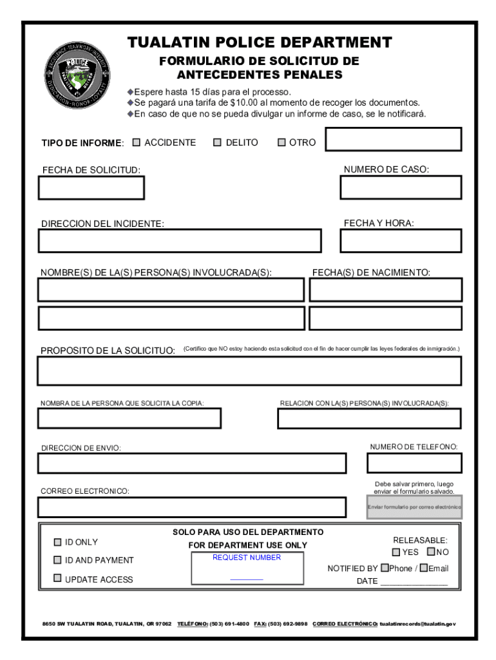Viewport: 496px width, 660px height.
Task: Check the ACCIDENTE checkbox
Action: [136, 142]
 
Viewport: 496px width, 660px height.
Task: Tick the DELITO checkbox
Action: [217, 142]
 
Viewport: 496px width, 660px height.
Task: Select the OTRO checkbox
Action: [281, 142]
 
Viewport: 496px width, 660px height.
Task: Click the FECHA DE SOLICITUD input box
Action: [91, 188]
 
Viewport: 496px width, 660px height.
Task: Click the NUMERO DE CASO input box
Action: [401, 188]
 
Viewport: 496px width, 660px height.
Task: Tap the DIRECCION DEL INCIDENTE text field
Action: [180, 240]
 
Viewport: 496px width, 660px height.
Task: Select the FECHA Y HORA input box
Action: [401, 240]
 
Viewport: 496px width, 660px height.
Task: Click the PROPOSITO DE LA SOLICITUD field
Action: [249, 371]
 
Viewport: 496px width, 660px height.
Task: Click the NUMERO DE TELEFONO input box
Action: [414, 463]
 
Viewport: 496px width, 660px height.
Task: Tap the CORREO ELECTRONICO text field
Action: [191, 507]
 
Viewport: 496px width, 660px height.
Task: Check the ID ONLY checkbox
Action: [57, 542]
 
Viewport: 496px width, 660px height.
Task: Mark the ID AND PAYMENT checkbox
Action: [57, 560]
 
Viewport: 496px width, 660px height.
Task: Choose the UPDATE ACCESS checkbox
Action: [57, 578]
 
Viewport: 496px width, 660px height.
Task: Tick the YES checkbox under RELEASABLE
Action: [396, 552]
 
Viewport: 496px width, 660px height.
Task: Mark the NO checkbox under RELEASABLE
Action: [430, 552]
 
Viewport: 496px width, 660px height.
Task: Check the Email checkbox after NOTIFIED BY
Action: [423, 568]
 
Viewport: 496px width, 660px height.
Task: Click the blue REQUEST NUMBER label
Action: [247, 558]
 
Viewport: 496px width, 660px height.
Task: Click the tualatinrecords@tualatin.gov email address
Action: [417, 625]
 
